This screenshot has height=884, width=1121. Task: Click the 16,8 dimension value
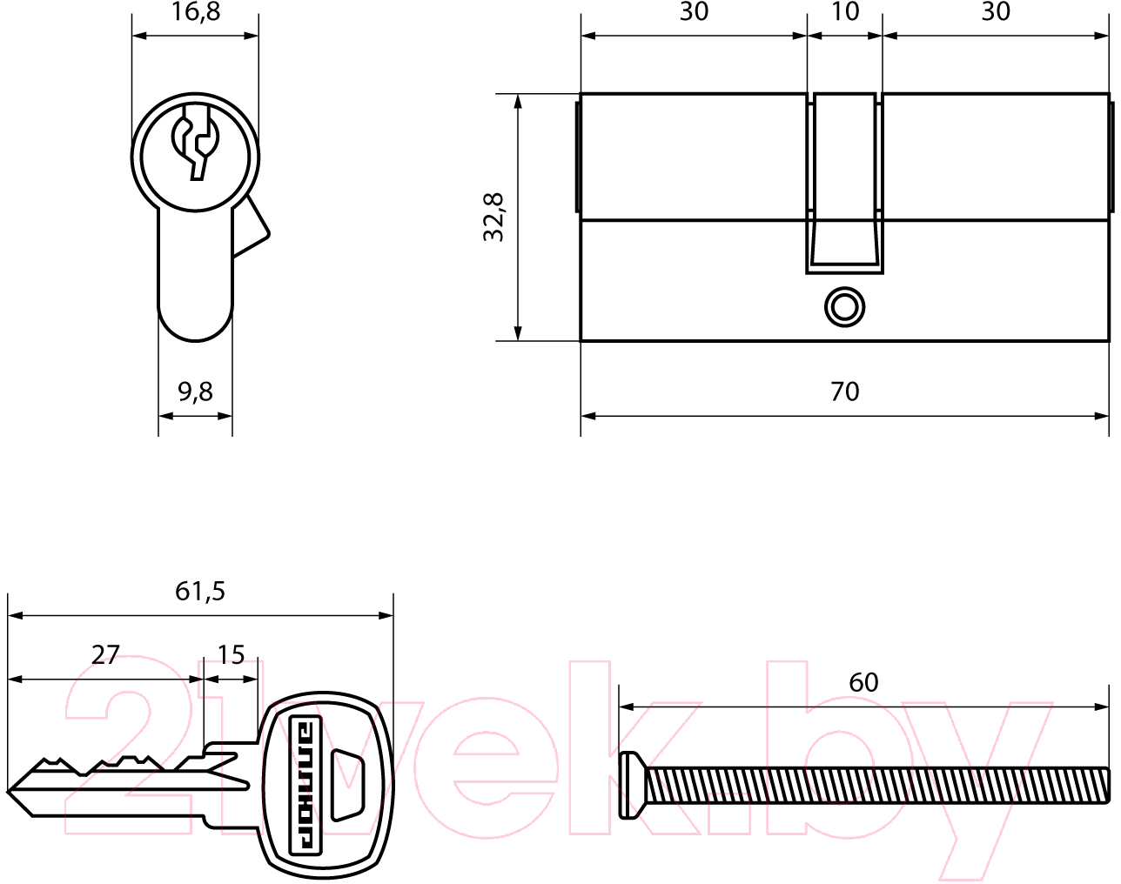(195, 12)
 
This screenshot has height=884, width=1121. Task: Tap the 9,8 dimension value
(195, 392)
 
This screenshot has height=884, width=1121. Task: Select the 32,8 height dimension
(493, 217)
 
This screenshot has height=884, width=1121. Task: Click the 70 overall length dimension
(845, 392)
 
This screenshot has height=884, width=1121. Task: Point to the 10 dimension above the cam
(845, 12)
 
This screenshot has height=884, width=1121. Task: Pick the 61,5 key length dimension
(200, 592)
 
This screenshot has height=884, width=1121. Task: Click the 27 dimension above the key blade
(105, 655)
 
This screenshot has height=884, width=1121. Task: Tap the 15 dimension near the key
(231, 655)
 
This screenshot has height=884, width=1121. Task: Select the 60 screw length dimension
(863, 682)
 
